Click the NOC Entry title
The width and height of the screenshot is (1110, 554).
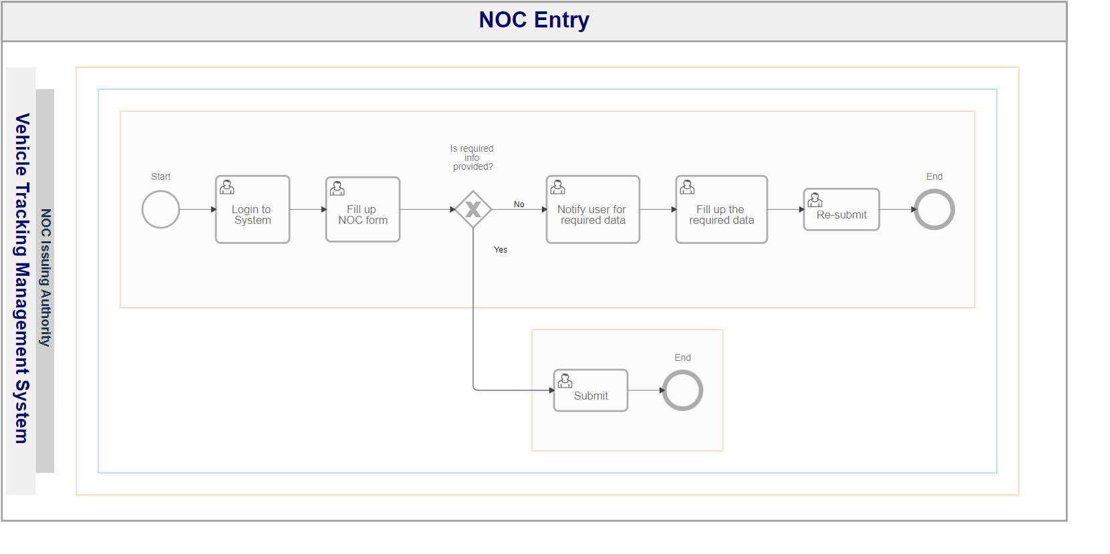[534, 20]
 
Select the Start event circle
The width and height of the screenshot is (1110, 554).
[160, 209]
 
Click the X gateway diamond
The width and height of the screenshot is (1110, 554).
[473, 209]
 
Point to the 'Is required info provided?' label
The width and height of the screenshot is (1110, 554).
[472, 158]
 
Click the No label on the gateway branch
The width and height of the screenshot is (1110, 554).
[519, 204]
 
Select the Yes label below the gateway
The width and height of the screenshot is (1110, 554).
[501, 250]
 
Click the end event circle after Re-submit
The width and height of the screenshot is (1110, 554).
[934, 209]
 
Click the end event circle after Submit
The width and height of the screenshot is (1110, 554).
[682, 390]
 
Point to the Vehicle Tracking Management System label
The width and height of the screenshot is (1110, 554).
[22, 278]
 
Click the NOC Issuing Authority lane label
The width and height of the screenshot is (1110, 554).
[45, 278]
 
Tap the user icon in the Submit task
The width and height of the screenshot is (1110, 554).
[565, 381]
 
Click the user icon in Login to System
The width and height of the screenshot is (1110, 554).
[227, 187]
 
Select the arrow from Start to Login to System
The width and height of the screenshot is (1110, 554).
[197, 209]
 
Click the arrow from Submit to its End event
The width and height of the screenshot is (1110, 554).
[645, 390]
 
